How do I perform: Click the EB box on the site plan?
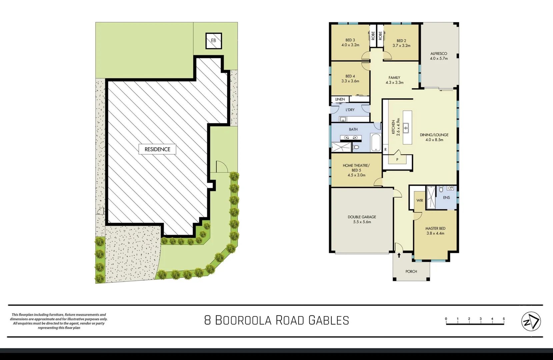(214, 40)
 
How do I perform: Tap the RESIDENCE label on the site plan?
(157, 149)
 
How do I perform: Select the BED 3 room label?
(350, 42)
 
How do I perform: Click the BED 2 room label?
(401, 43)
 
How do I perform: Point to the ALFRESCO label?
(439, 56)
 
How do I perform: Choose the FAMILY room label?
(394, 80)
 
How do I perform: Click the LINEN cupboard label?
(340, 99)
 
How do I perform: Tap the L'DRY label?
(350, 110)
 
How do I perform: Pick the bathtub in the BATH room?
(376, 143)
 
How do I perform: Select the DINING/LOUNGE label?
(434, 137)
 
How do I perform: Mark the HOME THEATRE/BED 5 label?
(356, 170)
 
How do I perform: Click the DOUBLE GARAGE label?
(362, 219)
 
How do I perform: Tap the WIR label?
(420, 200)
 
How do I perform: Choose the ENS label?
(446, 198)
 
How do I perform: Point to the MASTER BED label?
(435, 231)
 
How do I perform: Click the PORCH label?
(411, 271)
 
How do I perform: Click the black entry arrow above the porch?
(399, 255)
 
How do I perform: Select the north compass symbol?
(531, 321)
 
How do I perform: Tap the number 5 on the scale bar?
(504, 319)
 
